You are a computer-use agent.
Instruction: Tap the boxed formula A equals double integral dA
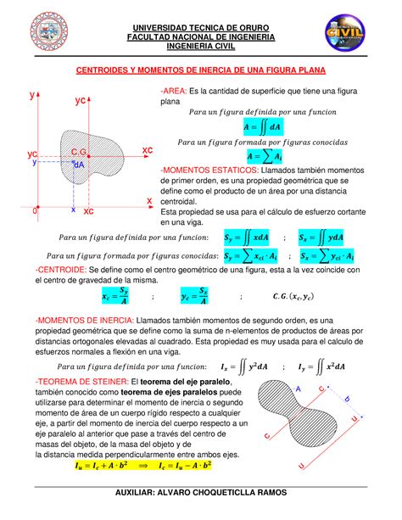250,126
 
